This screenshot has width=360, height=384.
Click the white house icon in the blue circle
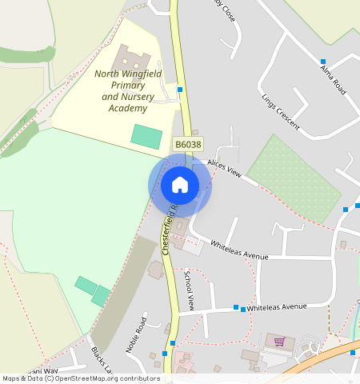click(180, 186)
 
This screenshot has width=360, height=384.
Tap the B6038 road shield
click(188, 144)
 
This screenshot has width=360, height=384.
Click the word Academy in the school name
click(129, 107)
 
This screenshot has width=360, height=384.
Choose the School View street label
click(190, 290)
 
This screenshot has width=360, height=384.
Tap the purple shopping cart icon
click(279, 342)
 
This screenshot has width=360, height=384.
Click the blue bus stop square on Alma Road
click(323, 61)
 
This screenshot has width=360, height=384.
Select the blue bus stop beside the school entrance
click(181, 90)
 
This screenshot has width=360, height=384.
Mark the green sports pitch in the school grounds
click(146, 135)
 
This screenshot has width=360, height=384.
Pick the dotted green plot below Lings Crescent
click(294, 178)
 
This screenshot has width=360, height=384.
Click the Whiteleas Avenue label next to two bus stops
click(277, 306)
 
